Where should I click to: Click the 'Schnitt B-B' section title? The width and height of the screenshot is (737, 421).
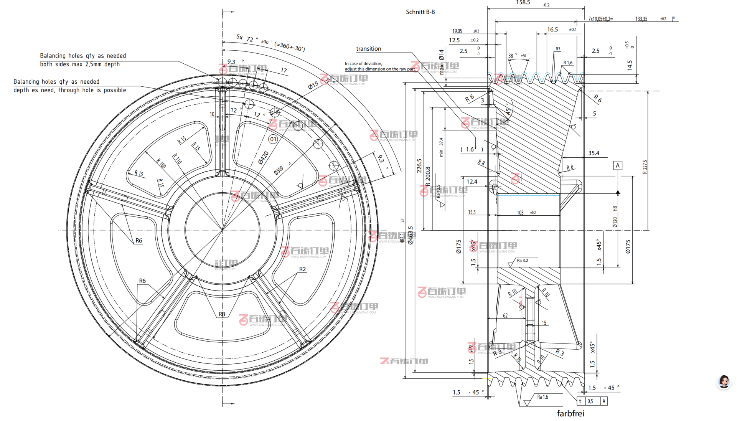(420, 12)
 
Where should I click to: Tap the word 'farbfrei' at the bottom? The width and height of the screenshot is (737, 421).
(570, 413)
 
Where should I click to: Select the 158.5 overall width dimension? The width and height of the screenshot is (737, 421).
(523, 3)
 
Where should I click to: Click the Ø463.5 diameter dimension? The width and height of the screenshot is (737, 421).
(411, 235)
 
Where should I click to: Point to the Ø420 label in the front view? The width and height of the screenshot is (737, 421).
(263, 157)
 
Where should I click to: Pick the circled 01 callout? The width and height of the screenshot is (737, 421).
(273, 139)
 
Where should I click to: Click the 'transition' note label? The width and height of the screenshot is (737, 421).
(368, 49)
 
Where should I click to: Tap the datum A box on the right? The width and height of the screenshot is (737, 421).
(617, 165)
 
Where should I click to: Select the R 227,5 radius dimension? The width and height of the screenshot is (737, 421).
(645, 167)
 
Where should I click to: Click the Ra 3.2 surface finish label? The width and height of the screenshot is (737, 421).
(522, 261)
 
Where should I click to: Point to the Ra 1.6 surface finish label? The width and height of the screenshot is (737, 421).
(542, 397)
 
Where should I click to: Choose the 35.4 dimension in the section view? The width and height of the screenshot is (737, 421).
(594, 153)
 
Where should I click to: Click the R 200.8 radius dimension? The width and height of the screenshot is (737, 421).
(428, 176)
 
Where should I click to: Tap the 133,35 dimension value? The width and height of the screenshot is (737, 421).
(641, 19)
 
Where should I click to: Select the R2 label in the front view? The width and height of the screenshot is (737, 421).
(302, 269)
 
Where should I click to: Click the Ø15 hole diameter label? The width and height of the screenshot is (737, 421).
(313, 85)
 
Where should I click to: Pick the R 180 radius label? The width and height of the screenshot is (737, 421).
(161, 163)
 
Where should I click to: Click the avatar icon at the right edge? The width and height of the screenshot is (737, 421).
(724, 381)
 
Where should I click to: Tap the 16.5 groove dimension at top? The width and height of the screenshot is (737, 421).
(552, 30)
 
